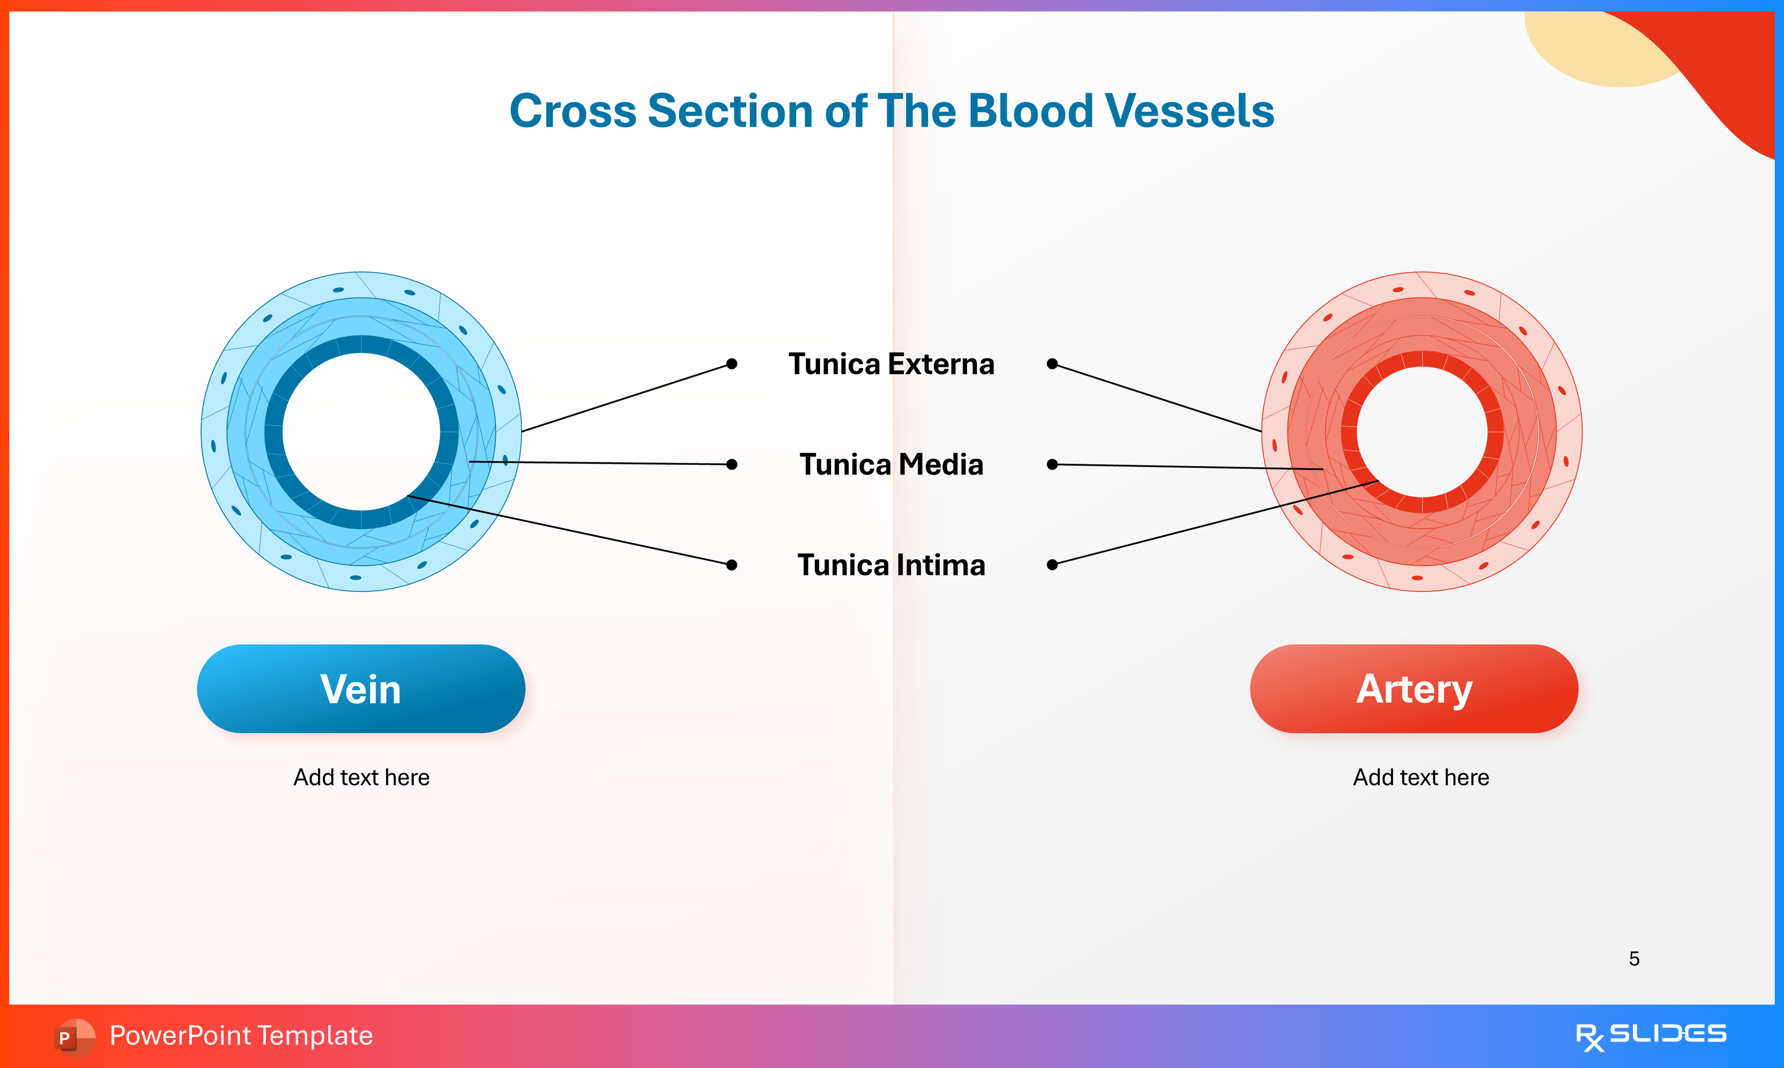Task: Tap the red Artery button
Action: tap(1414, 689)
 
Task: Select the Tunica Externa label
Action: tap(891, 364)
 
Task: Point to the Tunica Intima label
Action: tap(891, 565)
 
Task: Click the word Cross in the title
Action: tap(573, 112)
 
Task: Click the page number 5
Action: tap(1634, 959)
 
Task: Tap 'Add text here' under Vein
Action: tap(361, 777)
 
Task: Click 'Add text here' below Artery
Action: tap(1421, 777)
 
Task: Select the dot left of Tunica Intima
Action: tap(732, 565)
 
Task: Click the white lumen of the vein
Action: tap(361, 432)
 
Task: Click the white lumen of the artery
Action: tap(1421, 432)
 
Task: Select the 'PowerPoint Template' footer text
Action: tap(241, 1035)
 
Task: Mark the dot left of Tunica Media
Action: tap(732, 464)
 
